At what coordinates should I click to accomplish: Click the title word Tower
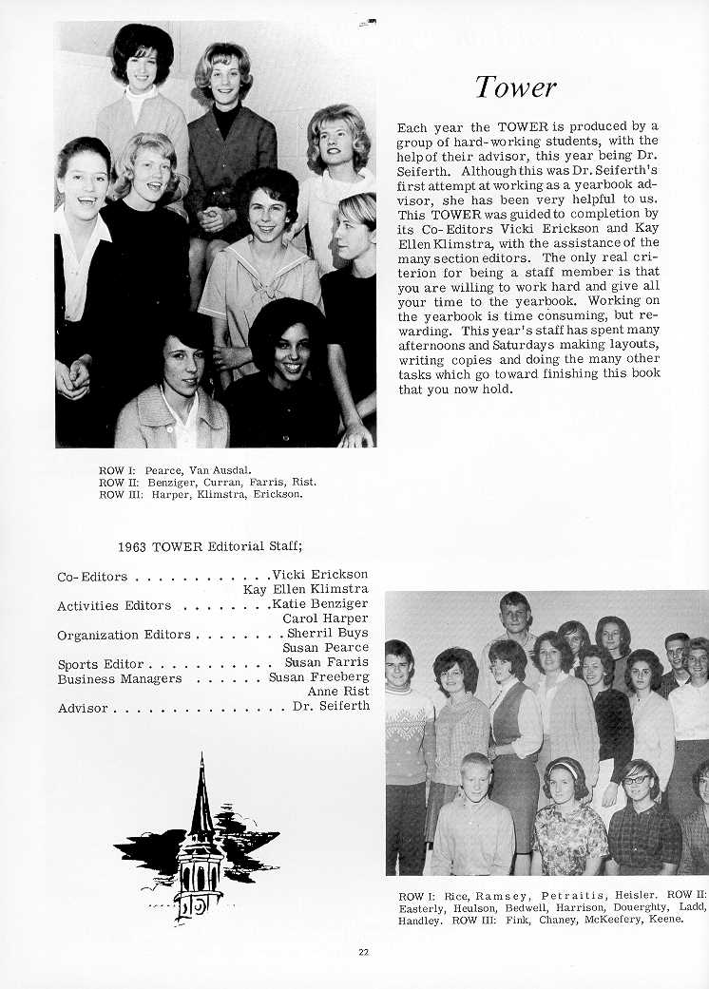[516, 87]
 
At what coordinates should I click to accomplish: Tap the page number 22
[364, 953]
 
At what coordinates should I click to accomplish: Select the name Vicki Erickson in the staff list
[319, 575]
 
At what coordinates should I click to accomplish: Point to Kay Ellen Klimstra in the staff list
[306, 590]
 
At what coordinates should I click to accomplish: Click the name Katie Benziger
[319, 604]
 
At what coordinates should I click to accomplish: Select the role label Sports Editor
[100, 664]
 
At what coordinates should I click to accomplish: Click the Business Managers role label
[119, 679]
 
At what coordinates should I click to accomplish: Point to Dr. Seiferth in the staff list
[331, 708]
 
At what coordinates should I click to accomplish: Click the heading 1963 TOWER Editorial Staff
[210, 546]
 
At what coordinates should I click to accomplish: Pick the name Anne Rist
[337, 693]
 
